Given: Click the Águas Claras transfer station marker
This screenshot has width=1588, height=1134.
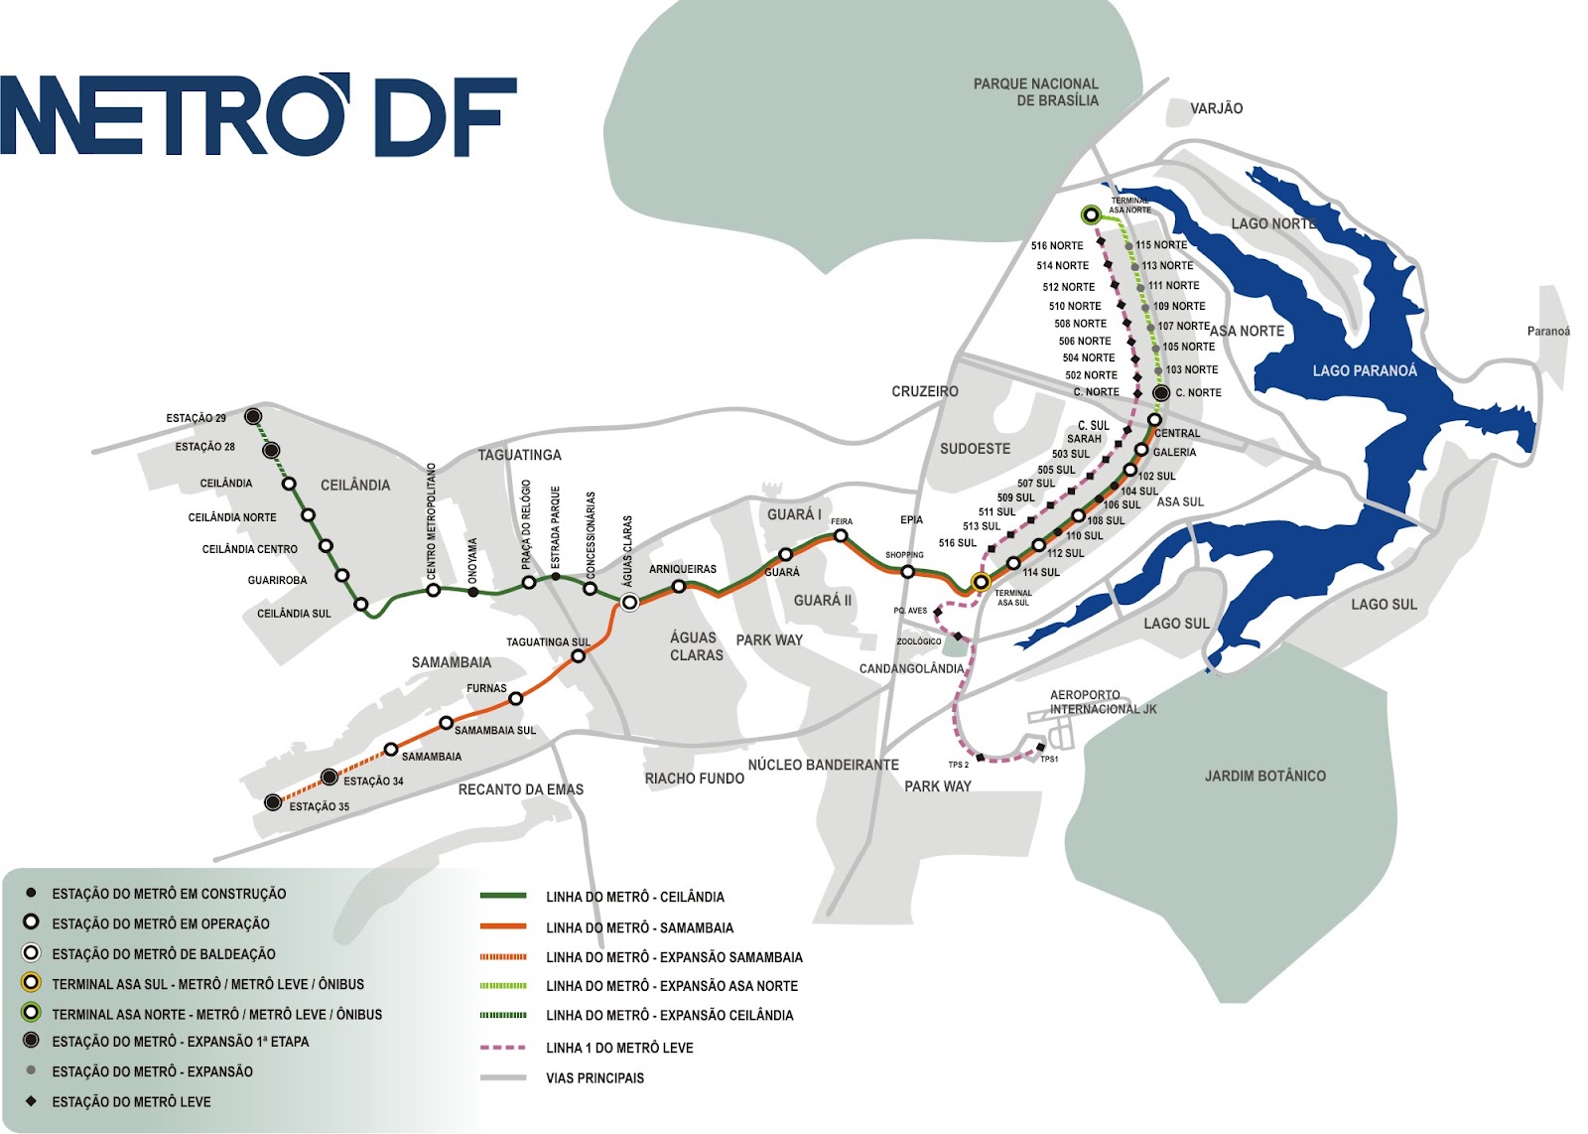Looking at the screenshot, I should coord(629,602).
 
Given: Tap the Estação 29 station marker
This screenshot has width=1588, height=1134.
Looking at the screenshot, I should coord(253,416).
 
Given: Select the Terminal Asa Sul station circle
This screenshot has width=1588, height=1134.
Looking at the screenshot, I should coord(981,582).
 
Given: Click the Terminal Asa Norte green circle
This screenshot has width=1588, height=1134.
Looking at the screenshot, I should coord(1091,214).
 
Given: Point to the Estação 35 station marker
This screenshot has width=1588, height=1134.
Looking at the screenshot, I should coord(273,802).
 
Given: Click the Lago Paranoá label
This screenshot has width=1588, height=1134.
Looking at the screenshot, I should coord(1365,370).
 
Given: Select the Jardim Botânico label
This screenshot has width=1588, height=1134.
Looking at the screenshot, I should coord(1264,776).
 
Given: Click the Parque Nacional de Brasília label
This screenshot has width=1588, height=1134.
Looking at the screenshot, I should coord(1035,92).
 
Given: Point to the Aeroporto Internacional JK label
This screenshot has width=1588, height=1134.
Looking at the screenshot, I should coord(1103,702).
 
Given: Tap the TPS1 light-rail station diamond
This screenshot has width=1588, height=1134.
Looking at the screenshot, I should coord(1040,748).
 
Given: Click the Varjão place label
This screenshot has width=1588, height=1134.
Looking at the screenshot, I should coord(1216,108).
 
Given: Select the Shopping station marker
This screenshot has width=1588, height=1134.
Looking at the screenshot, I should coord(907,571).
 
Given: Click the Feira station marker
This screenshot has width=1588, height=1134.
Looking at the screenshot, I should coord(841,535).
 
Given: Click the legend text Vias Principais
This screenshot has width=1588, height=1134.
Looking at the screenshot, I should coord(595,1077).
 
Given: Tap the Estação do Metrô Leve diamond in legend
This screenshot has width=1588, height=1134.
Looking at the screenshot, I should coord(31,1100).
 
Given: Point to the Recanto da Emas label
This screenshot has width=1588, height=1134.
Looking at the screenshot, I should coord(520,789).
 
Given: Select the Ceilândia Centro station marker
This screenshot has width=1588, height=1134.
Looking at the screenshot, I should coord(326,546).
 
